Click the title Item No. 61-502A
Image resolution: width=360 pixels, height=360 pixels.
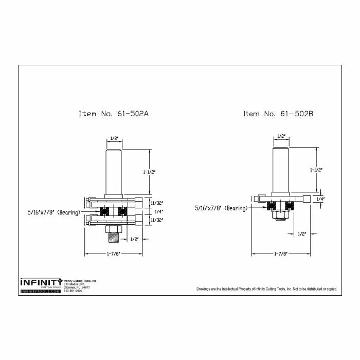pos(114,113)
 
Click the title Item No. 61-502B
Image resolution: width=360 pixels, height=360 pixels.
pos(278,113)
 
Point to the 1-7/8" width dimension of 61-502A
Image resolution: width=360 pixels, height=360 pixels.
pos(114,254)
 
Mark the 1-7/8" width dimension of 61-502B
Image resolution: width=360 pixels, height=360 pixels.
pos(280,254)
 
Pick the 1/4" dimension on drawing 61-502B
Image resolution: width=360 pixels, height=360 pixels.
pos(320,199)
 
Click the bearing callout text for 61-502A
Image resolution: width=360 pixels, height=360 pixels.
pos(53,211)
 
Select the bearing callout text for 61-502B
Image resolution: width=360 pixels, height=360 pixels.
pos(221,208)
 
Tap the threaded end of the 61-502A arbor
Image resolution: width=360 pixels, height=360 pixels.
pos(114,237)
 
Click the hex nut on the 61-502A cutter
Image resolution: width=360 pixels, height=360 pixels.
pos(114,228)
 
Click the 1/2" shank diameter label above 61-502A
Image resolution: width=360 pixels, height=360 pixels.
pos(114,138)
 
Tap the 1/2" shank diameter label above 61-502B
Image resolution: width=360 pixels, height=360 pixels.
pos(281,136)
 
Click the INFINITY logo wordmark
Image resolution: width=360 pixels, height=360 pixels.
pos(41,282)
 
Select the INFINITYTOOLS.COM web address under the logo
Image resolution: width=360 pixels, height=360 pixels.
pos(41,292)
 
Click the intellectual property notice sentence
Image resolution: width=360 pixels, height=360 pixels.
pos(266,289)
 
